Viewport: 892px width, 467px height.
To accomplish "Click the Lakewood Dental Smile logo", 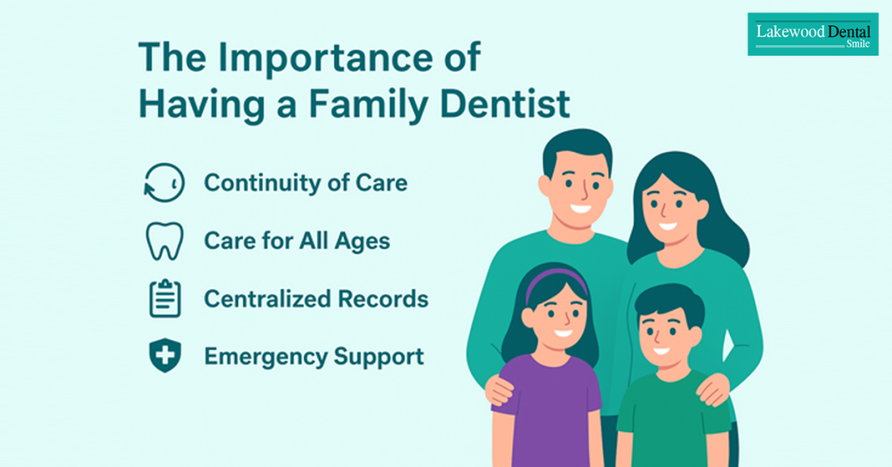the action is pyautogui.click(x=813, y=34).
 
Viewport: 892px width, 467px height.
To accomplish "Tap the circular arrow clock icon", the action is pyautogui.click(x=165, y=183).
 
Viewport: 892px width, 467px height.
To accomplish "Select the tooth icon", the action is pyautogui.click(x=165, y=241).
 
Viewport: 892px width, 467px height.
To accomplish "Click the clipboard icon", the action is pyautogui.click(x=165, y=298).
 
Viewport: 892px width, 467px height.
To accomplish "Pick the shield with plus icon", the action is pyautogui.click(x=165, y=356).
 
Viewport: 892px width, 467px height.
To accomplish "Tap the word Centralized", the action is pyautogui.click(x=267, y=299).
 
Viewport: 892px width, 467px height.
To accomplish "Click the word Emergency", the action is pyautogui.click(x=265, y=356).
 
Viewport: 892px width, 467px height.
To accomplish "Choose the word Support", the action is pyautogui.click(x=379, y=357).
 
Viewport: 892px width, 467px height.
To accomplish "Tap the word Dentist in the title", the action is pyautogui.click(x=505, y=104).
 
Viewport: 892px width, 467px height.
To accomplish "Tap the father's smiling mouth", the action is pyautogui.click(x=581, y=207).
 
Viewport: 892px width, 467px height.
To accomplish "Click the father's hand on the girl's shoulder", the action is pyautogui.click(x=500, y=389).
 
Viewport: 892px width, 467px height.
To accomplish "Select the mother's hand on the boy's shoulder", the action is pyautogui.click(x=713, y=389).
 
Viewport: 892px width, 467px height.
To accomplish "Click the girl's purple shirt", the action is pyautogui.click(x=547, y=409).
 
